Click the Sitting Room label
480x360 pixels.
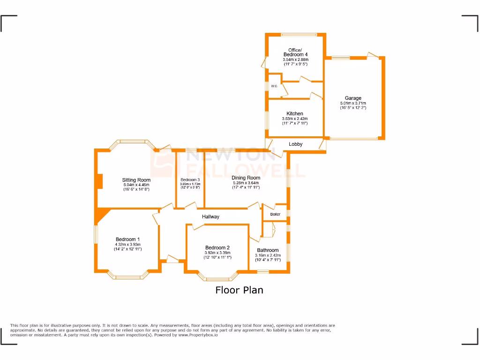(x=136, y=180)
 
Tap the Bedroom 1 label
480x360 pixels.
(x=128, y=240)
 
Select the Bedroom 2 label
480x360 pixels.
(x=217, y=248)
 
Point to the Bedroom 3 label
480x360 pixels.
(x=190, y=180)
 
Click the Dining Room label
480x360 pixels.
(x=246, y=178)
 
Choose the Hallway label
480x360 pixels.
(x=210, y=217)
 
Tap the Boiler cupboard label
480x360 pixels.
(x=275, y=214)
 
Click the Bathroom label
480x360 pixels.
(x=268, y=250)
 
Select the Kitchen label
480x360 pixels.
(x=295, y=114)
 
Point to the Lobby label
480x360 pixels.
(x=296, y=144)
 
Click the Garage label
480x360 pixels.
(x=353, y=98)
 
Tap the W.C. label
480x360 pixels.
(x=274, y=86)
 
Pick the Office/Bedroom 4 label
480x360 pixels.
(x=295, y=52)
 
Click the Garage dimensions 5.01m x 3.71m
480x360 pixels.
(x=353, y=103)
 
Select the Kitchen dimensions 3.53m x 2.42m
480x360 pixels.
(x=295, y=119)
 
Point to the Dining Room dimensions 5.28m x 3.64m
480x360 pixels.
(x=246, y=183)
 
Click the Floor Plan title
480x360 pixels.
(x=239, y=290)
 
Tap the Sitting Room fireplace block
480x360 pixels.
(x=100, y=181)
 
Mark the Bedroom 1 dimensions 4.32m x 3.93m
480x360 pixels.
(x=128, y=245)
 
